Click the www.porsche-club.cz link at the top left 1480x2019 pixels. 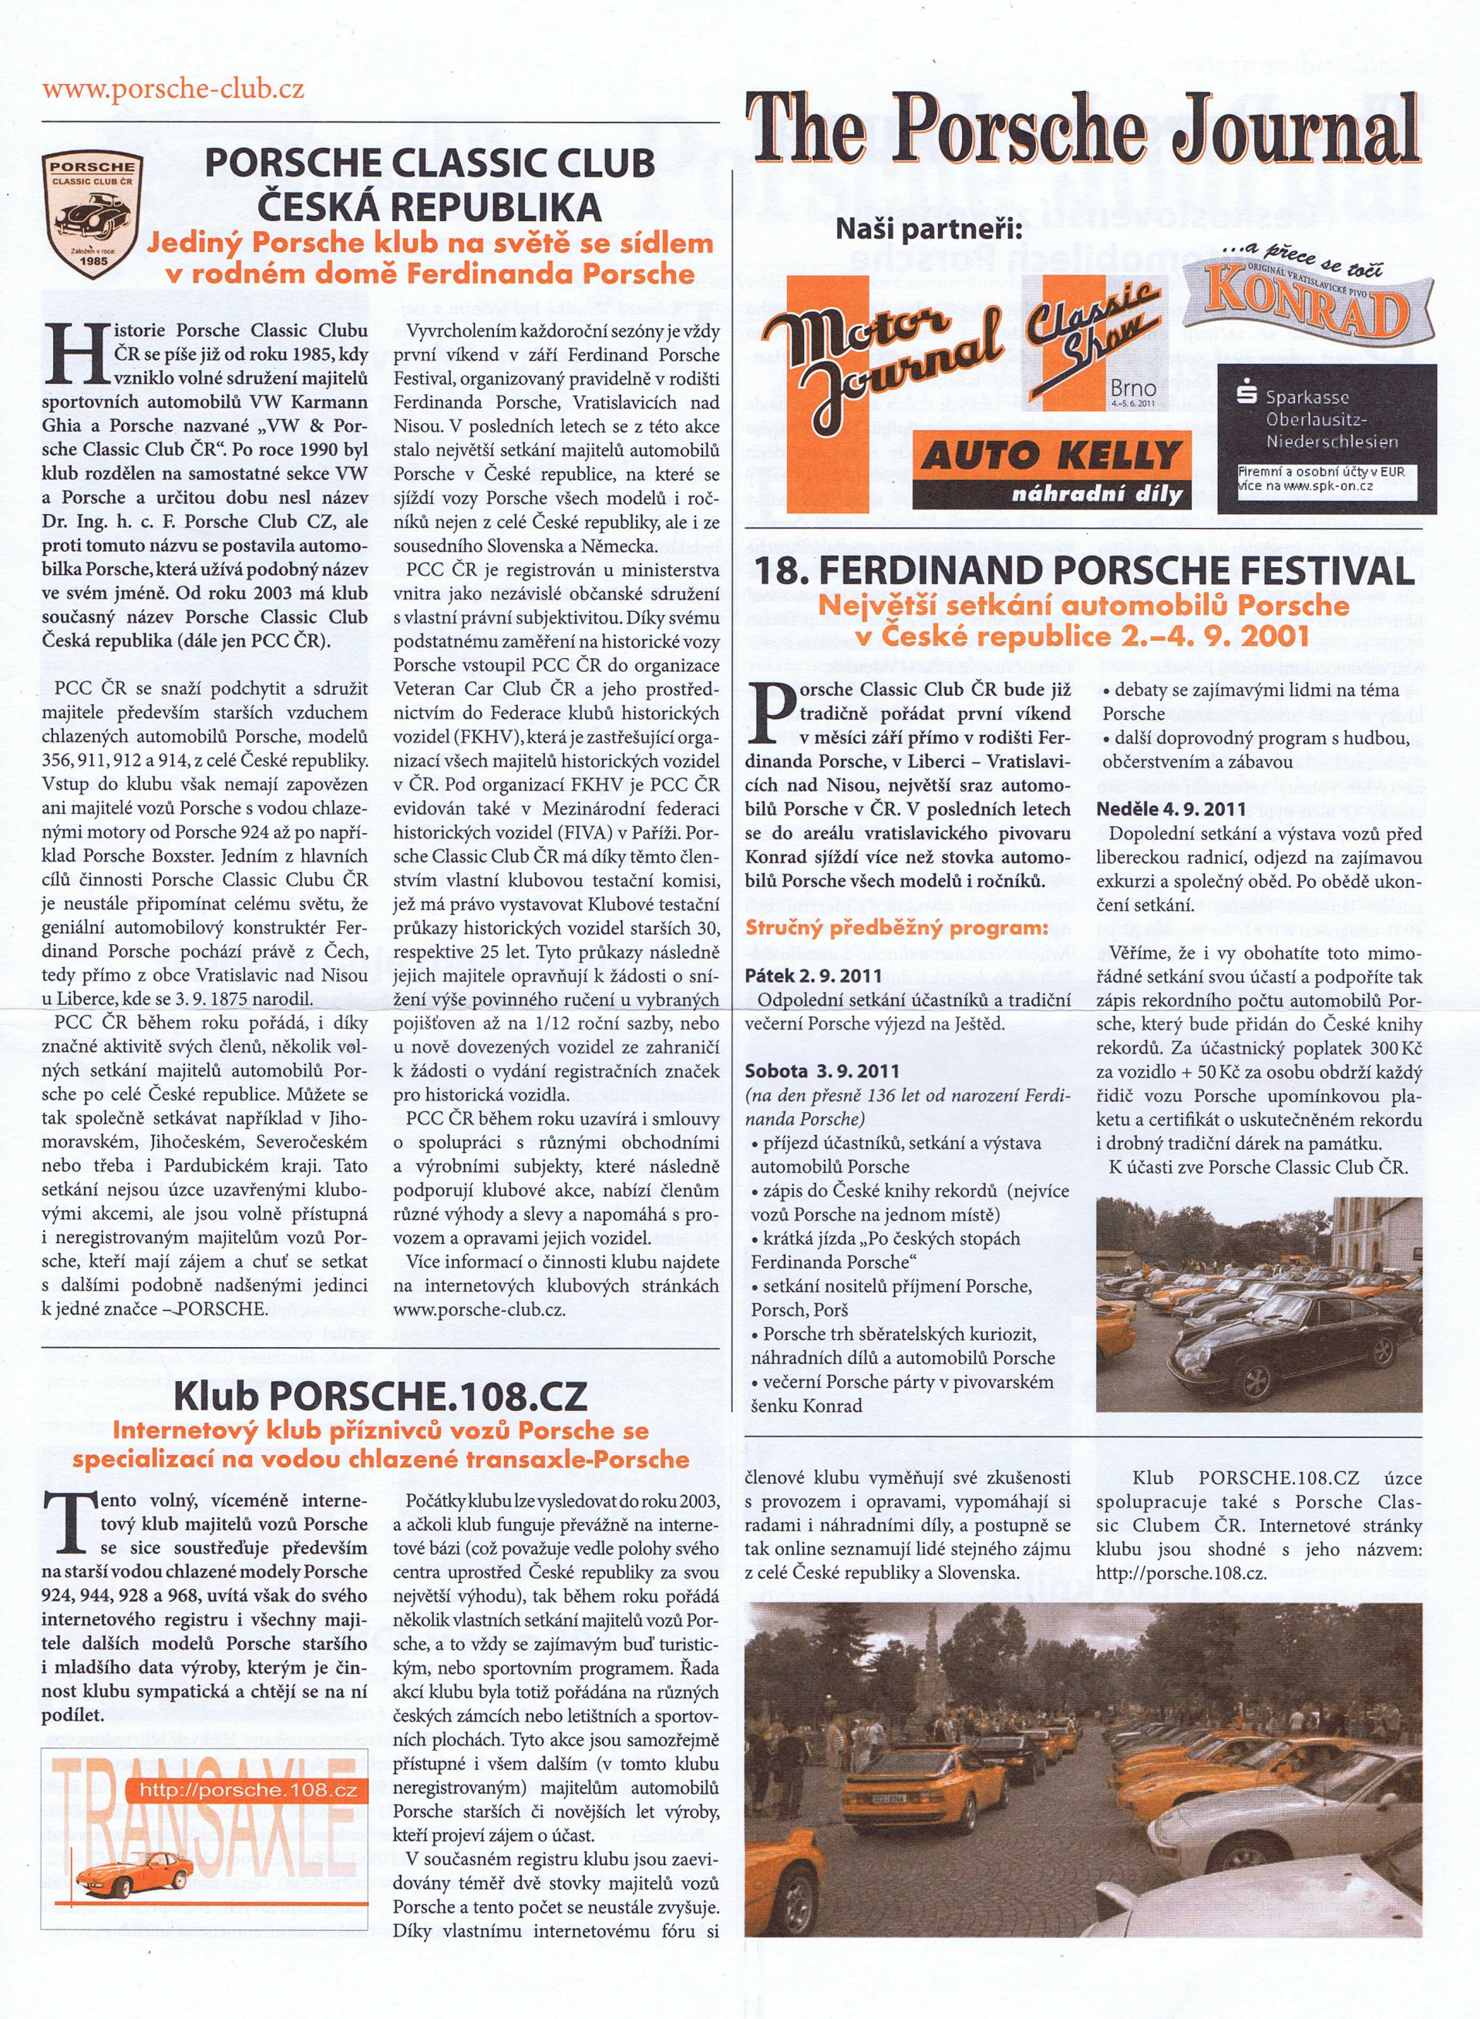(173, 89)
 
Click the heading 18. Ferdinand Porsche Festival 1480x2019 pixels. (1085, 570)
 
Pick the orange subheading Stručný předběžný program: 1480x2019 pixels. (896, 927)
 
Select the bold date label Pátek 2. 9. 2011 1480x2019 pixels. (813, 976)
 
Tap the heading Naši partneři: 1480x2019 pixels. (928, 230)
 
